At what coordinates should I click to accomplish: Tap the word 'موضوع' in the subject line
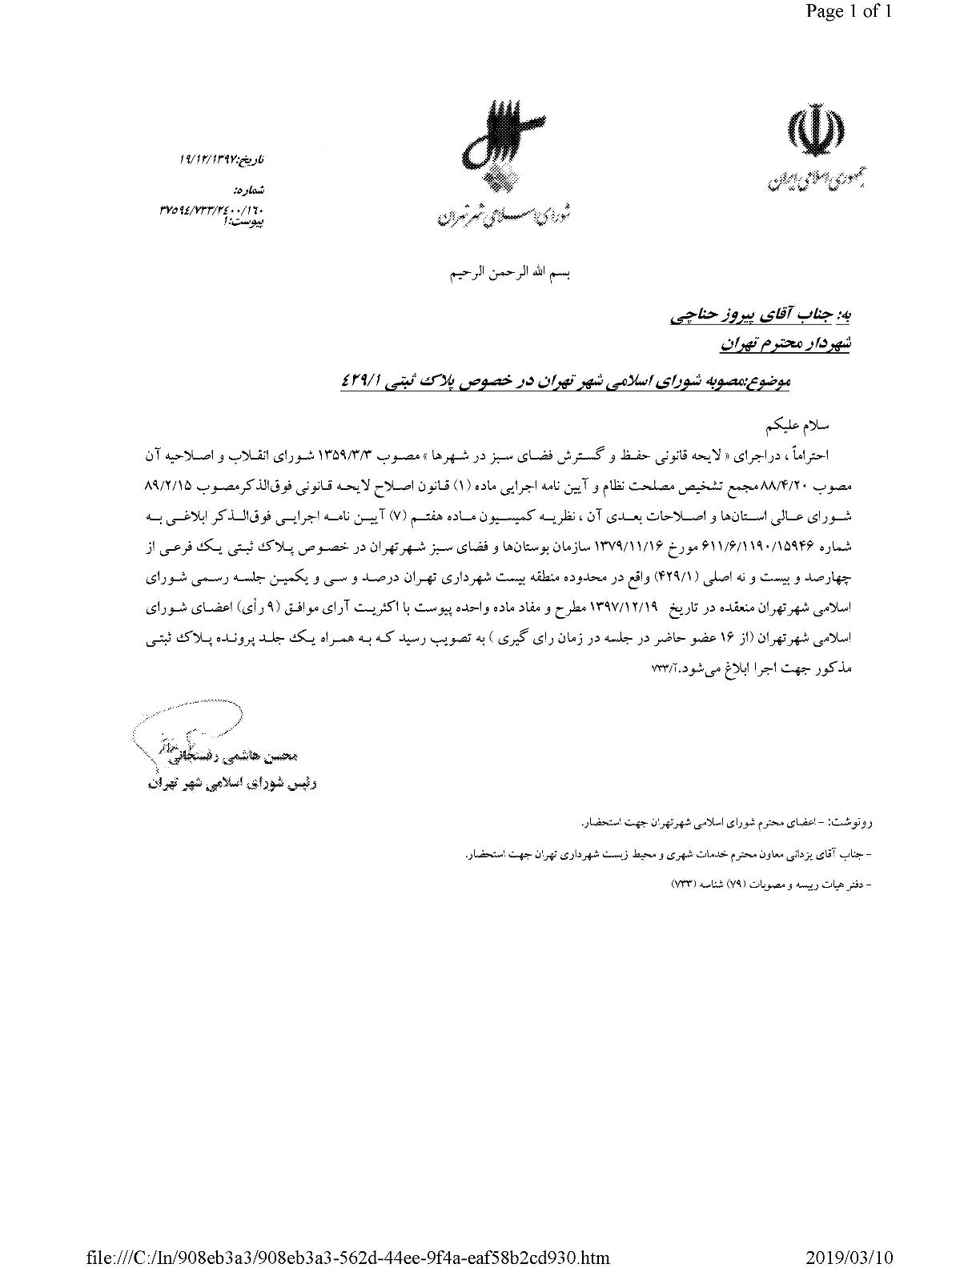coord(769,383)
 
